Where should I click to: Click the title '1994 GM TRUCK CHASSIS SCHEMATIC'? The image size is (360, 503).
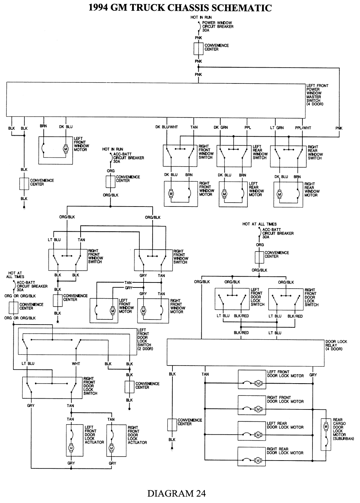[x=180, y=8]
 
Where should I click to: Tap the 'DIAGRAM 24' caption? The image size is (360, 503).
[x=176, y=493]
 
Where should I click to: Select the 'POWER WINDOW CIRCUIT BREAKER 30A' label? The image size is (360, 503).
[x=217, y=27]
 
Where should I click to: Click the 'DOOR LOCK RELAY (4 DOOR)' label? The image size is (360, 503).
[x=336, y=345]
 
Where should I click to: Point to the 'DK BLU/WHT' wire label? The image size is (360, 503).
[x=167, y=127]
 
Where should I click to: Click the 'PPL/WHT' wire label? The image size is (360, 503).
[x=303, y=127]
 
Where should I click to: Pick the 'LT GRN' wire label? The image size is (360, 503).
[x=277, y=127]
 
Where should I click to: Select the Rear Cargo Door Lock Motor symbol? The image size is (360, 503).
[x=326, y=427]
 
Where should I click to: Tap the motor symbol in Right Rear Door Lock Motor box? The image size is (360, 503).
[x=258, y=460]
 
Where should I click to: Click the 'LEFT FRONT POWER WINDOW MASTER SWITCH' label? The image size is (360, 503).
[x=317, y=95]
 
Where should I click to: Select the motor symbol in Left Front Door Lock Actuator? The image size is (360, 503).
[x=71, y=448]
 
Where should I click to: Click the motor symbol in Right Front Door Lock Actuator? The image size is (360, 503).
[x=111, y=448]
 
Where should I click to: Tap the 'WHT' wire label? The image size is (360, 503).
[x=76, y=364]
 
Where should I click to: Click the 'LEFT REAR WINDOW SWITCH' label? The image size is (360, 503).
[x=260, y=152]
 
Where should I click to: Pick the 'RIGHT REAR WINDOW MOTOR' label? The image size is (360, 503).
[x=311, y=189]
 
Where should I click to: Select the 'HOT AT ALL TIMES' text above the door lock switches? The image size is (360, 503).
[x=259, y=224]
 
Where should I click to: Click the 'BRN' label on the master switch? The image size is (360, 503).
[x=44, y=126]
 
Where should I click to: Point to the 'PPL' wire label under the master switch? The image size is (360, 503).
[x=248, y=127]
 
